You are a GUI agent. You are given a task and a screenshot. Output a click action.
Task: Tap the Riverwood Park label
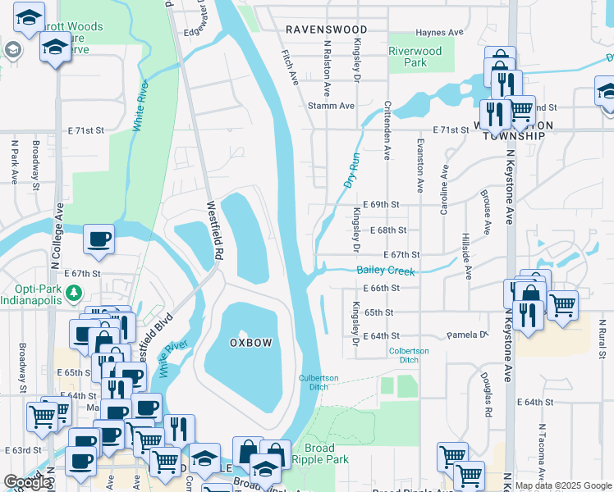[x=415, y=57]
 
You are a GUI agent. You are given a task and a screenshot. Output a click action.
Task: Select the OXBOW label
[x=250, y=342]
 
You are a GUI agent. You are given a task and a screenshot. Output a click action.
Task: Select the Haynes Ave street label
[x=441, y=33]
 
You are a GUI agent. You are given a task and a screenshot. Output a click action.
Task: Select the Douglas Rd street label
[x=487, y=388]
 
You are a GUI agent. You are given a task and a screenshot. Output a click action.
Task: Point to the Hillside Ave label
[x=467, y=255]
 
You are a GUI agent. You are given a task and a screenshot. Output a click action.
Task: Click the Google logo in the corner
[x=27, y=483]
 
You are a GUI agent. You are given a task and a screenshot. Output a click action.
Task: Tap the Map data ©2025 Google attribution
[x=563, y=485]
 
